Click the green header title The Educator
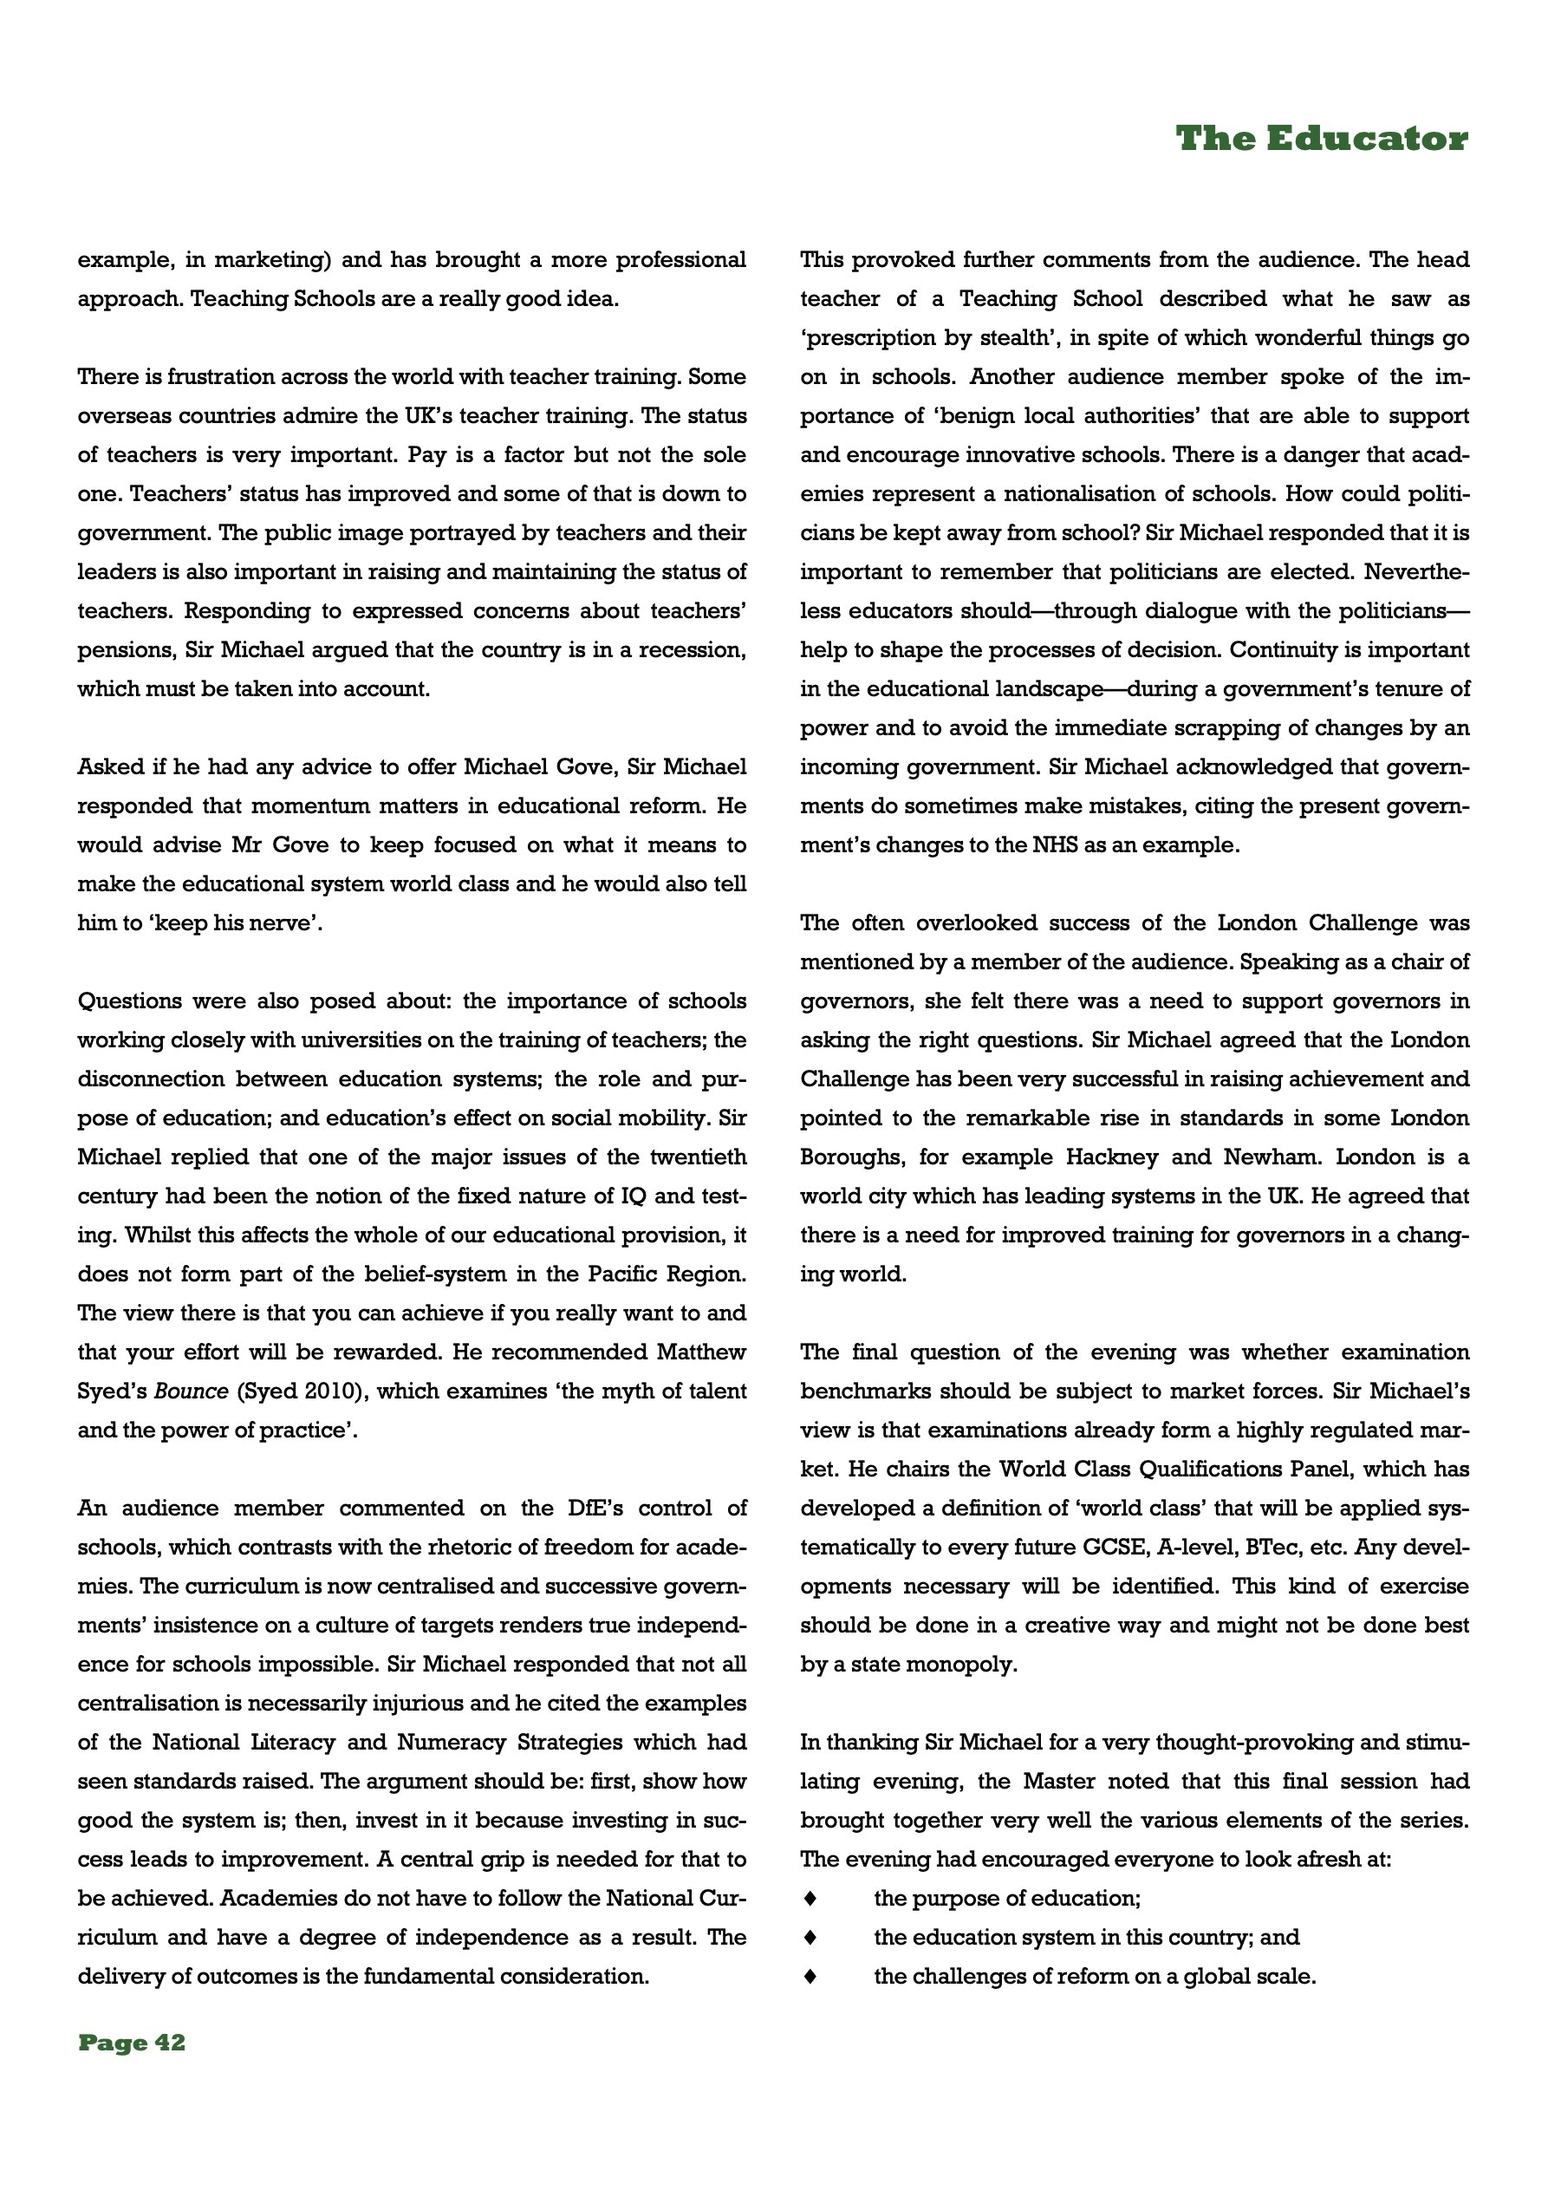click(x=1321, y=140)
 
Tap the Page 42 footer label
click(x=132, y=2042)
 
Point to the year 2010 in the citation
click(x=331, y=1392)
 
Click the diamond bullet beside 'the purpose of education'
click(x=810, y=1898)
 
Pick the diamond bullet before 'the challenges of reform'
click(x=810, y=1977)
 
